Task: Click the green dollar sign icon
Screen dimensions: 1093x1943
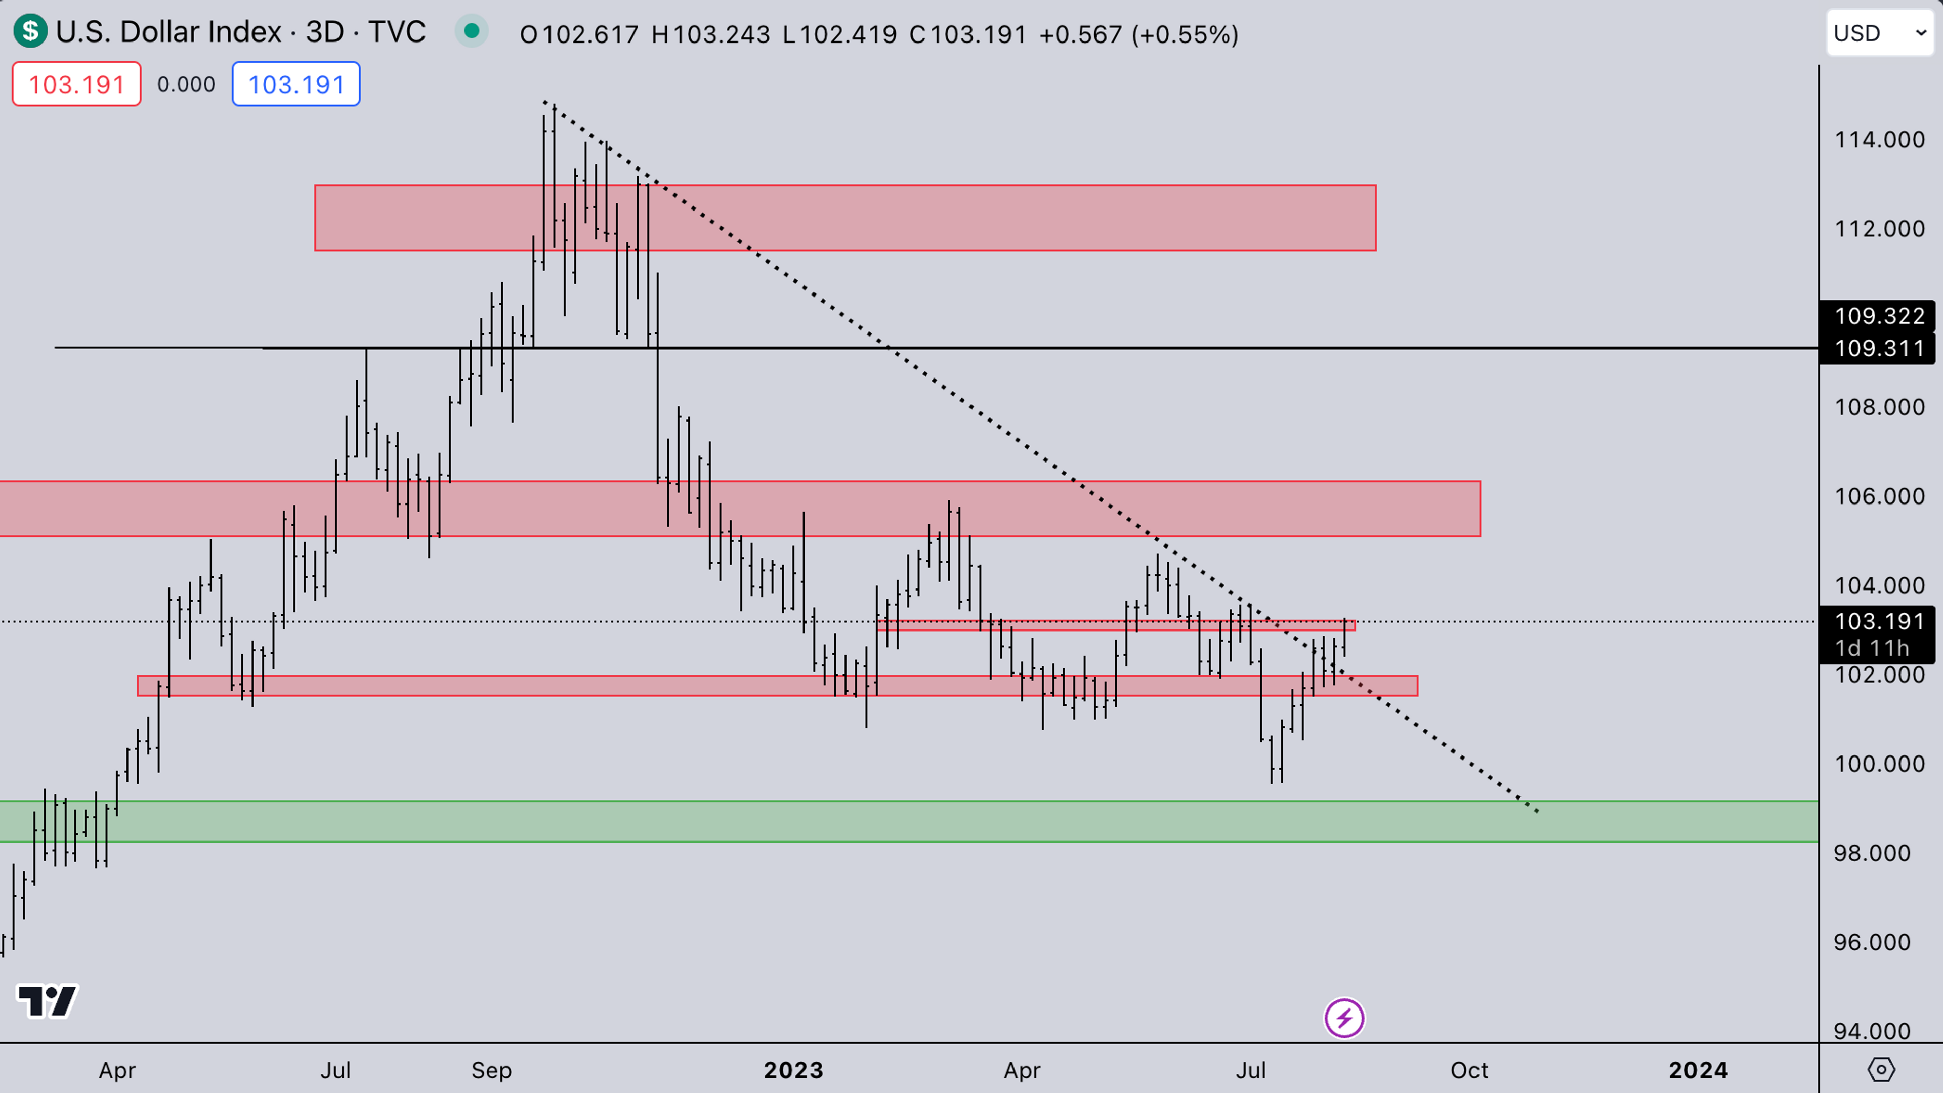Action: (30, 32)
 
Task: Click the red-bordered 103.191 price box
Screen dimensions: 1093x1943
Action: (76, 83)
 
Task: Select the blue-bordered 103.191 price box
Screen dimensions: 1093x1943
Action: (295, 83)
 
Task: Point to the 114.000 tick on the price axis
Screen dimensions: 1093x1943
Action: (1879, 140)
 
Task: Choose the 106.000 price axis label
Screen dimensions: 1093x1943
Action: (1879, 496)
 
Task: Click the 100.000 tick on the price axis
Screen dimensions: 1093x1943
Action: (1879, 764)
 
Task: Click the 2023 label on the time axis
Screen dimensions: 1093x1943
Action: (793, 1070)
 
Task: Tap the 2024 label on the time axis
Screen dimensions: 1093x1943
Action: (1698, 1070)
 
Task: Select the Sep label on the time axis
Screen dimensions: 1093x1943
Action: (491, 1070)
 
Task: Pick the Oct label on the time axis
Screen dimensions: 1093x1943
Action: (1468, 1070)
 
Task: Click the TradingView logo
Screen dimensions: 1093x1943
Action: (47, 1002)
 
